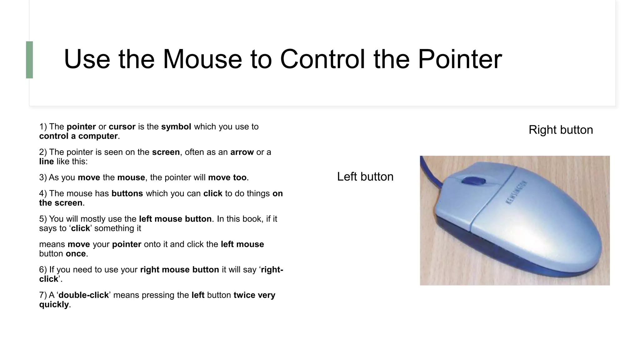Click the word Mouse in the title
point(202,59)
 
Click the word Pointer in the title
point(460,59)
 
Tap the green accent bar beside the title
point(29,60)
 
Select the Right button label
point(561,130)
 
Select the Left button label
point(365,177)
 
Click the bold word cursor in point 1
point(122,127)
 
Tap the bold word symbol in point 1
point(176,127)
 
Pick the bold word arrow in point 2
point(242,152)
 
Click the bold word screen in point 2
point(166,152)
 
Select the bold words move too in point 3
point(227,177)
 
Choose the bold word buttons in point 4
point(127,193)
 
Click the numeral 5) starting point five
point(43,219)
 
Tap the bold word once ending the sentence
point(76,254)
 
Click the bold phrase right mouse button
point(179,270)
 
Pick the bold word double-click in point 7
point(83,295)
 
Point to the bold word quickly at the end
point(54,304)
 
